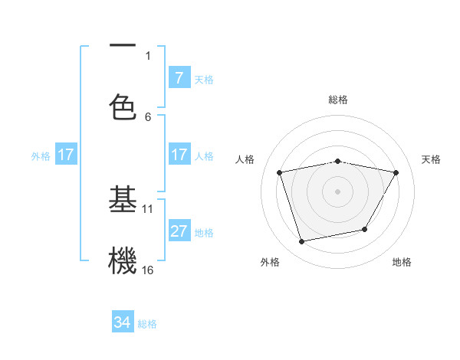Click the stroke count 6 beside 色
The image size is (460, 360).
(148, 116)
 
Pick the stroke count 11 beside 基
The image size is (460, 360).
(148, 208)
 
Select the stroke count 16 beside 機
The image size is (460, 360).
(148, 270)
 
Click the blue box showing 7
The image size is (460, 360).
(179, 78)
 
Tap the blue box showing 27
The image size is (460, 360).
(179, 231)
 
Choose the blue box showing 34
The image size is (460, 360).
(123, 322)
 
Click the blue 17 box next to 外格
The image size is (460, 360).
(66, 155)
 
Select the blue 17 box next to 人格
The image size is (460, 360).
(179, 155)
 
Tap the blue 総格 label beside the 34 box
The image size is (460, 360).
(147, 323)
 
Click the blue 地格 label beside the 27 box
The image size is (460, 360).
(204, 232)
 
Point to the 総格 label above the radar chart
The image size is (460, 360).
(338, 100)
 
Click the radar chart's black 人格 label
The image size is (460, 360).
(245, 159)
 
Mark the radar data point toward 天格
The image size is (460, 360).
(396, 172)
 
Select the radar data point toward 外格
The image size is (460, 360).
(302, 241)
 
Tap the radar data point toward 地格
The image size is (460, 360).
(365, 229)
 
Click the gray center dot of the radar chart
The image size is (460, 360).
(338, 191)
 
